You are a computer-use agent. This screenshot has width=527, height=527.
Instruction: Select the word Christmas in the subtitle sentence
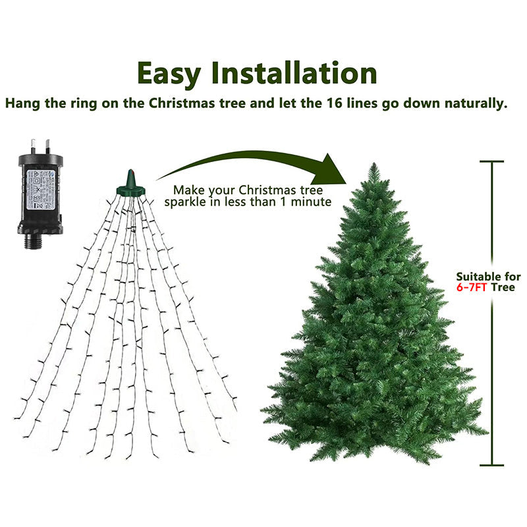179,103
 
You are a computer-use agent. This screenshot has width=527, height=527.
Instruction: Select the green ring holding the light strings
130,190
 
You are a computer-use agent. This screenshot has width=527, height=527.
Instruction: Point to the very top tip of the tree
374,165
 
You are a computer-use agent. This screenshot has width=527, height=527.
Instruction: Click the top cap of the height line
491,161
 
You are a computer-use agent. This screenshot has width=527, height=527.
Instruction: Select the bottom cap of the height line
491,466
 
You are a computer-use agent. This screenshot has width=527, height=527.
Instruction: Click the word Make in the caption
188,189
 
